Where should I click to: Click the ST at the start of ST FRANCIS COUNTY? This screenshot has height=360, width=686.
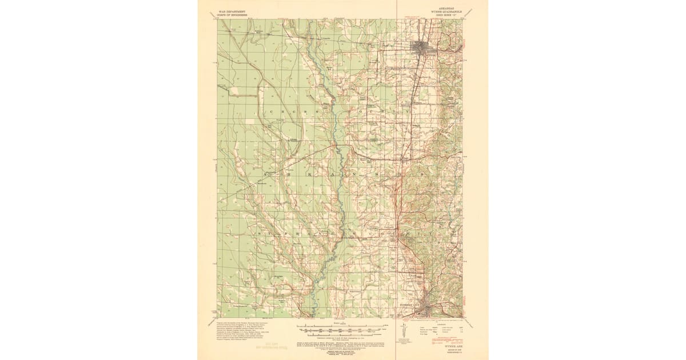[263, 234]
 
